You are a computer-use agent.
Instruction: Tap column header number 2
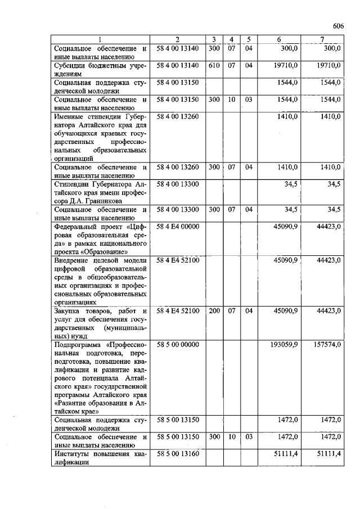pos(177,39)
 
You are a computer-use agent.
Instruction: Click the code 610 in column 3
pos(214,66)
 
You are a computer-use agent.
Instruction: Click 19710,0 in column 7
pos(329,66)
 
